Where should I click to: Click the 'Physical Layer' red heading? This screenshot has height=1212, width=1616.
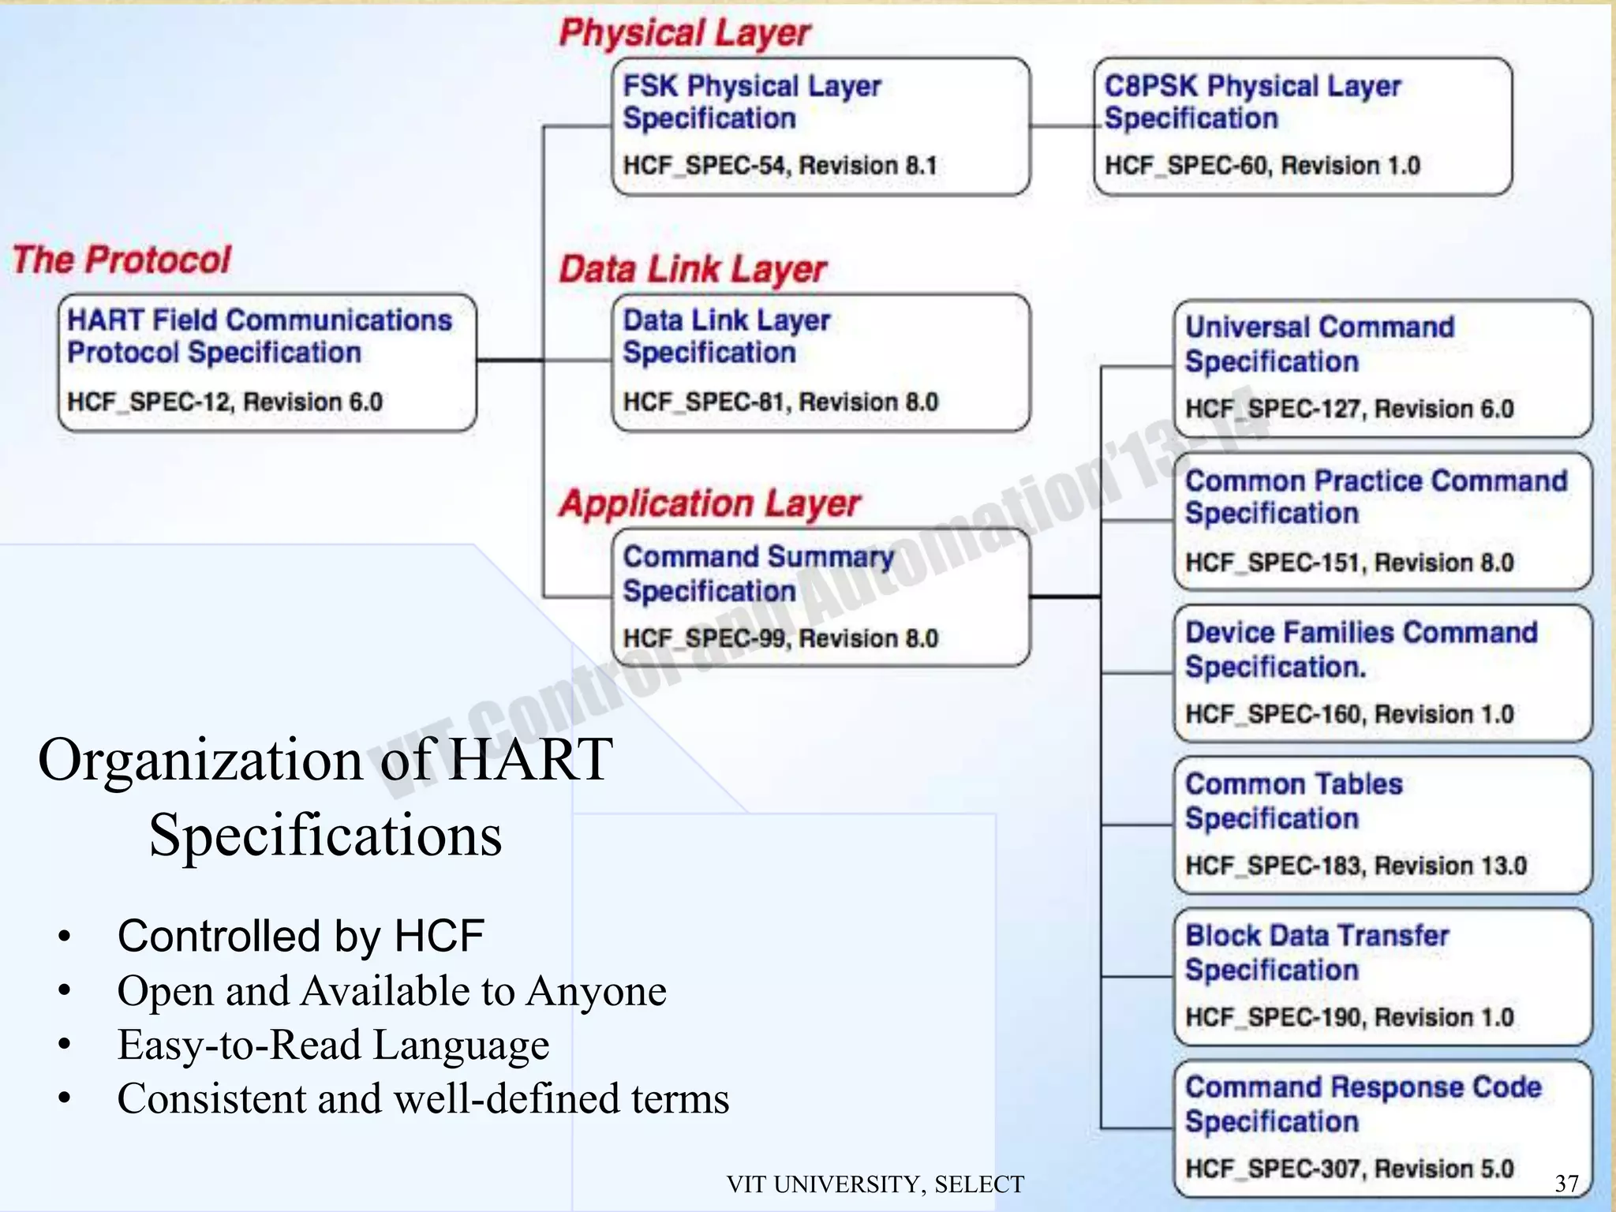pos(684,33)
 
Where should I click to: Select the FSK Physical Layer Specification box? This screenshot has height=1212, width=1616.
pos(821,126)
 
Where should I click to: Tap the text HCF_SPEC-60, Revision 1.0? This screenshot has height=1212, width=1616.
pos(1262,166)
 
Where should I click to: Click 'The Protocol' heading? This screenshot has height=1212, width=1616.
pos(122,260)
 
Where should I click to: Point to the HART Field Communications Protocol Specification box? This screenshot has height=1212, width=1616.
pos(267,362)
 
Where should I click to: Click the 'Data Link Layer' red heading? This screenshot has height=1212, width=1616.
pos(692,269)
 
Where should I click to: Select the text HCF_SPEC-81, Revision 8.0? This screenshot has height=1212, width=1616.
pos(780,402)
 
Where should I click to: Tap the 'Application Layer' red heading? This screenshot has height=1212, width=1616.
pos(709,503)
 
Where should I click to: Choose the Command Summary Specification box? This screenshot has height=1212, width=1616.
pos(821,597)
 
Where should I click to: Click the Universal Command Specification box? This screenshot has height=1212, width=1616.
pos(1382,368)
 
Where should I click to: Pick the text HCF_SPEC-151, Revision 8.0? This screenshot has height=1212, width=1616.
pos(1349,563)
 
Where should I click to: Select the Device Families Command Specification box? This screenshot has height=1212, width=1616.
pos(1382,673)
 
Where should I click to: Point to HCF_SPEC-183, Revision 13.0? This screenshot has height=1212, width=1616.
pos(1356,866)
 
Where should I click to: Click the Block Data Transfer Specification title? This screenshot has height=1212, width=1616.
pos(1316,952)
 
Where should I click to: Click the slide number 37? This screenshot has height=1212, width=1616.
pos(1566,1184)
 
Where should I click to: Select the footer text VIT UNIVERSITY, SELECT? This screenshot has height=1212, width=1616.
pos(875,1184)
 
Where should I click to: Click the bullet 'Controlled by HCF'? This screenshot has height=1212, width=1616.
pos(300,936)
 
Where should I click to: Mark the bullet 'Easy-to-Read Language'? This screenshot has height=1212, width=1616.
pos(333,1045)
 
